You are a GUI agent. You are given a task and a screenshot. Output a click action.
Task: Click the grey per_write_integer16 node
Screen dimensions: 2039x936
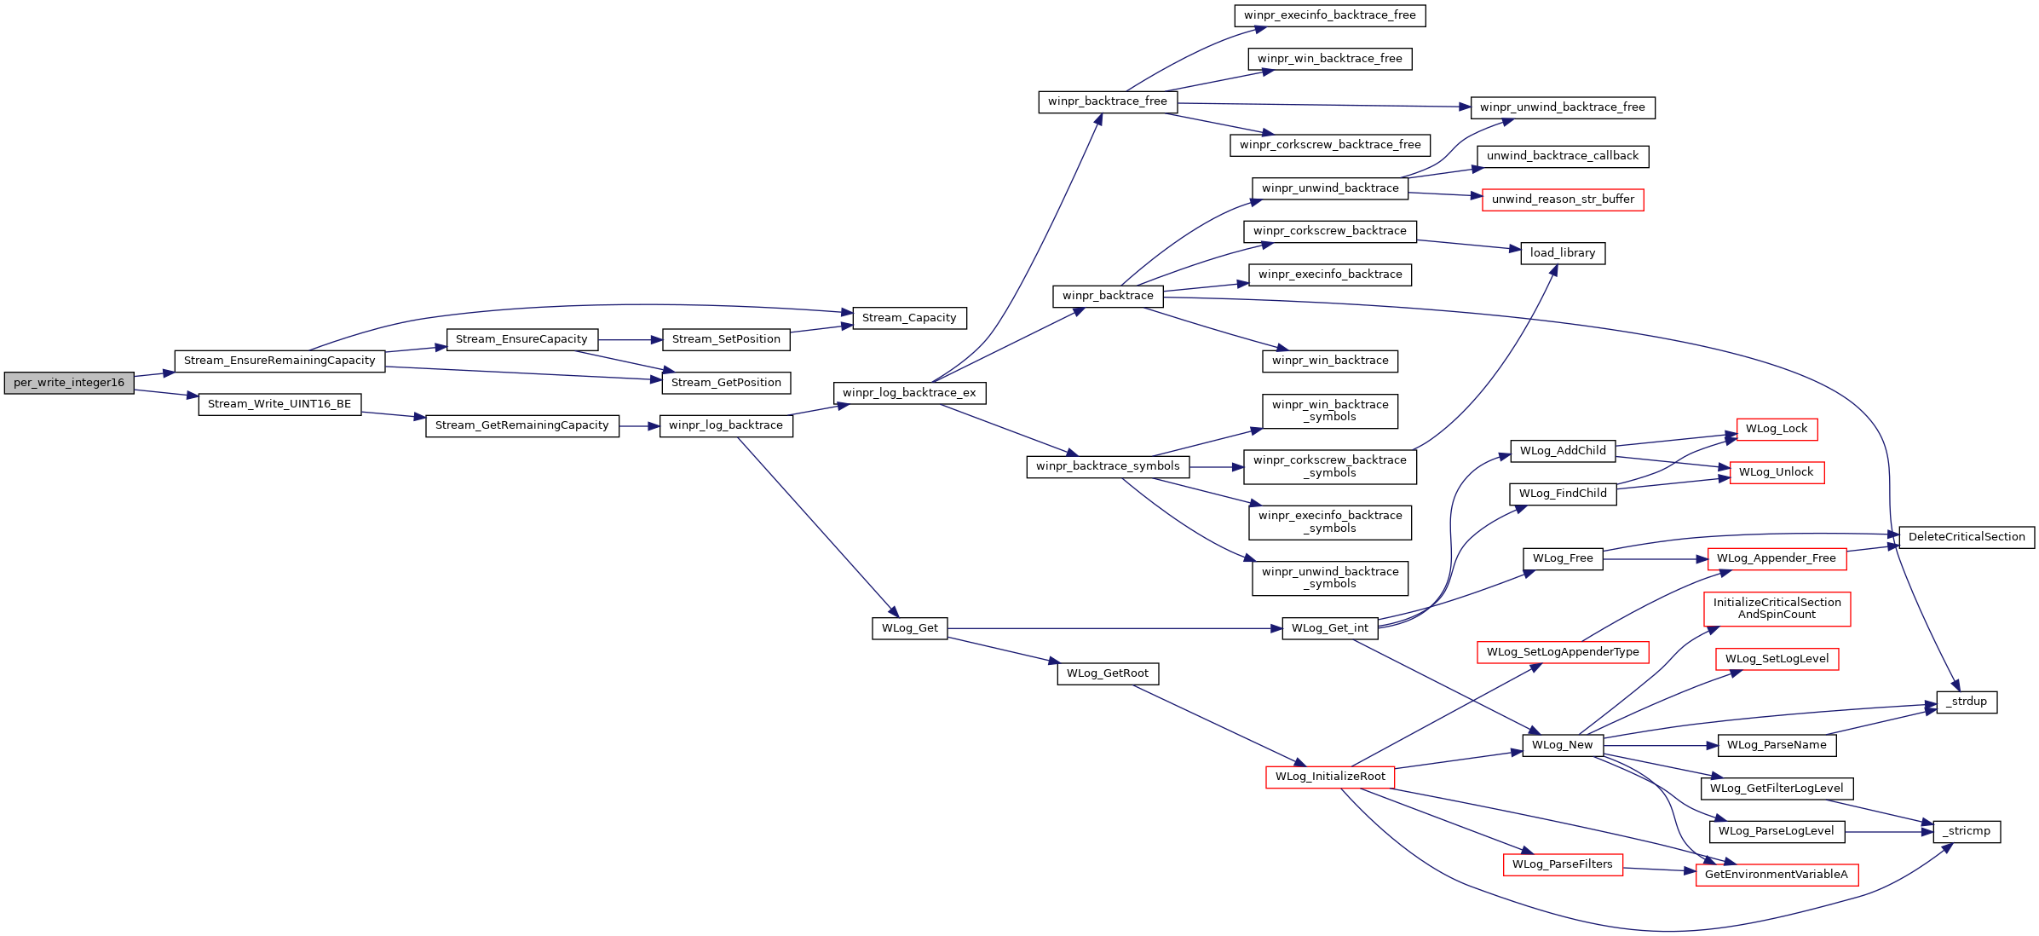[x=69, y=383]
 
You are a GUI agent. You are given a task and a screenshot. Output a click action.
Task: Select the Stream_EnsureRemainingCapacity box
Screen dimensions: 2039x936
[x=279, y=361]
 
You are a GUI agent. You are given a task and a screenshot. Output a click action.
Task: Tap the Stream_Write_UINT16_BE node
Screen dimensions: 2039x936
[x=279, y=404]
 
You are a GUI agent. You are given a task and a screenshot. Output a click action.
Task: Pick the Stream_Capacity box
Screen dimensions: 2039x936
[x=909, y=318]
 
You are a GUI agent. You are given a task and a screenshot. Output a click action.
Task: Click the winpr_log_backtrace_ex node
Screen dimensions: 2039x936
[x=909, y=393]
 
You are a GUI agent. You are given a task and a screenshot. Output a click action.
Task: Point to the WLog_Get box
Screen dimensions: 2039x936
[x=909, y=628]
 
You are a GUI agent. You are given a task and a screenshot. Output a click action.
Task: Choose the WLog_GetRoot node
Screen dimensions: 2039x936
[x=1108, y=673]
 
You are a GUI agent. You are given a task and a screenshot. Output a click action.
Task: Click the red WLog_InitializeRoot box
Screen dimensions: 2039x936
[x=1330, y=777]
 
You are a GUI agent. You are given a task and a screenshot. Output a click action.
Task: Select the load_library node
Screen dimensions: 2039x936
[x=1563, y=253]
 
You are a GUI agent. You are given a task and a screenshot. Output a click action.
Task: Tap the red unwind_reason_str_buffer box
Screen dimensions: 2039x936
[x=1563, y=199]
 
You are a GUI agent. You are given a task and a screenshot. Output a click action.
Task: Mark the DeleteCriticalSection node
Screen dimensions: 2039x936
[x=1967, y=537]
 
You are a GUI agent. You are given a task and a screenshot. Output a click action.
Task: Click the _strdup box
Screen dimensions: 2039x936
[x=1967, y=702]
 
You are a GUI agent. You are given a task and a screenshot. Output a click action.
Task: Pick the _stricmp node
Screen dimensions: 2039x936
[x=1967, y=831]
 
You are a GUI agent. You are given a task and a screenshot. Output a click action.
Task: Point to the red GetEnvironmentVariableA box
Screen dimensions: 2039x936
[x=1777, y=875]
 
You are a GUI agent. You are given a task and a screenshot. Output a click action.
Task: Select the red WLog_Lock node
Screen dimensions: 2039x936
[x=1777, y=429]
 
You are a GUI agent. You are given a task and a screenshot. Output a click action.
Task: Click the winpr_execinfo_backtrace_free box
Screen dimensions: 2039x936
[x=1330, y=15]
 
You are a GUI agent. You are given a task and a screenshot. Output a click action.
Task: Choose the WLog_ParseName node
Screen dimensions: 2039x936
[x=1777, y=745]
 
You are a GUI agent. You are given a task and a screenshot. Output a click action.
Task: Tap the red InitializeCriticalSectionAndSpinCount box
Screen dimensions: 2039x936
[x=1777, y=609]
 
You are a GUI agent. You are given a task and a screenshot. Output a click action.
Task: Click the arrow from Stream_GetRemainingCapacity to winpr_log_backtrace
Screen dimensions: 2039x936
[x=639, y=425]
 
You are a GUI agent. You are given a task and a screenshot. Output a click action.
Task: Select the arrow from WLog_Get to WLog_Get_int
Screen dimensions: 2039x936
[x=1115, y=628]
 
